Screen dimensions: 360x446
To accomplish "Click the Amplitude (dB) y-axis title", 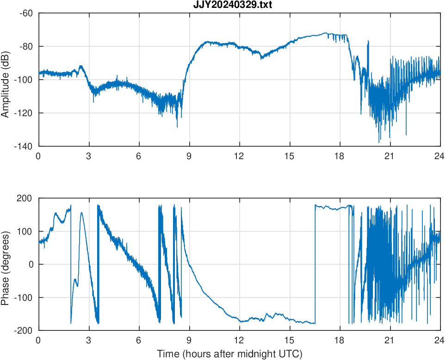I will click(6, 80).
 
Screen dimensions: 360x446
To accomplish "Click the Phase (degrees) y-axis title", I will click(6, 264).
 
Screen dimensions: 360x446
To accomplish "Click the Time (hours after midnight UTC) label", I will click(229, 354).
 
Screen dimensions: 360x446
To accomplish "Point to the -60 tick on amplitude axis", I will click(26, 13).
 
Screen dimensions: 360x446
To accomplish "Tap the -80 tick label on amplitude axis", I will click(26, 46).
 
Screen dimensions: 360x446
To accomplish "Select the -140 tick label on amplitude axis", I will click(24, 146).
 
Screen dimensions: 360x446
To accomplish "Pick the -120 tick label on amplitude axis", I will click(24, 113).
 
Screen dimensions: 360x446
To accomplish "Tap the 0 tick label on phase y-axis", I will click(31, 264).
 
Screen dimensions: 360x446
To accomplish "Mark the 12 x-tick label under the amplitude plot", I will click(239, 156).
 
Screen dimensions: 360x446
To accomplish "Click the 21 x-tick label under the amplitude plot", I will click(390, 156).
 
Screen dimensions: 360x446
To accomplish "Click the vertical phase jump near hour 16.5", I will click(315, 264).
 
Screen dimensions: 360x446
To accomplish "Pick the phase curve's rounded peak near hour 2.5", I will click(81, 213).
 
